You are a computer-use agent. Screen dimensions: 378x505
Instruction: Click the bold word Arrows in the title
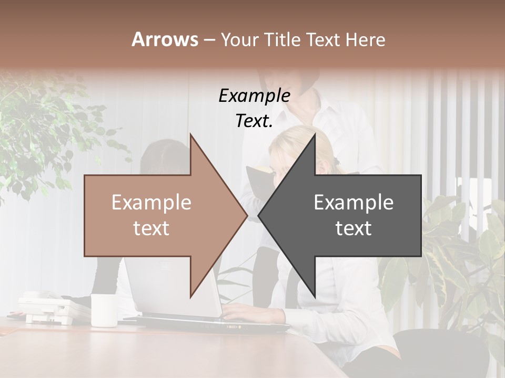tap(165, 39)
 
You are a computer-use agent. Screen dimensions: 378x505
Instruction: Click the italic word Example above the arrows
tap(254, 96)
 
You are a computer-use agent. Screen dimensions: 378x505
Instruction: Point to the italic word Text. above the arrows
tap(254, 121)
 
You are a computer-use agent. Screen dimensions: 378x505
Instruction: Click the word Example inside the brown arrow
tap(151, 203)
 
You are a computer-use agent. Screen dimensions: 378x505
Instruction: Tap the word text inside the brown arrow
tap(151, 228)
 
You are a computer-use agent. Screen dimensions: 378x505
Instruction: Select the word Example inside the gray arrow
tap(353, 203)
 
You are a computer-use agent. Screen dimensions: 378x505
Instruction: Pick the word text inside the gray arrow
tap(353, 228)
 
